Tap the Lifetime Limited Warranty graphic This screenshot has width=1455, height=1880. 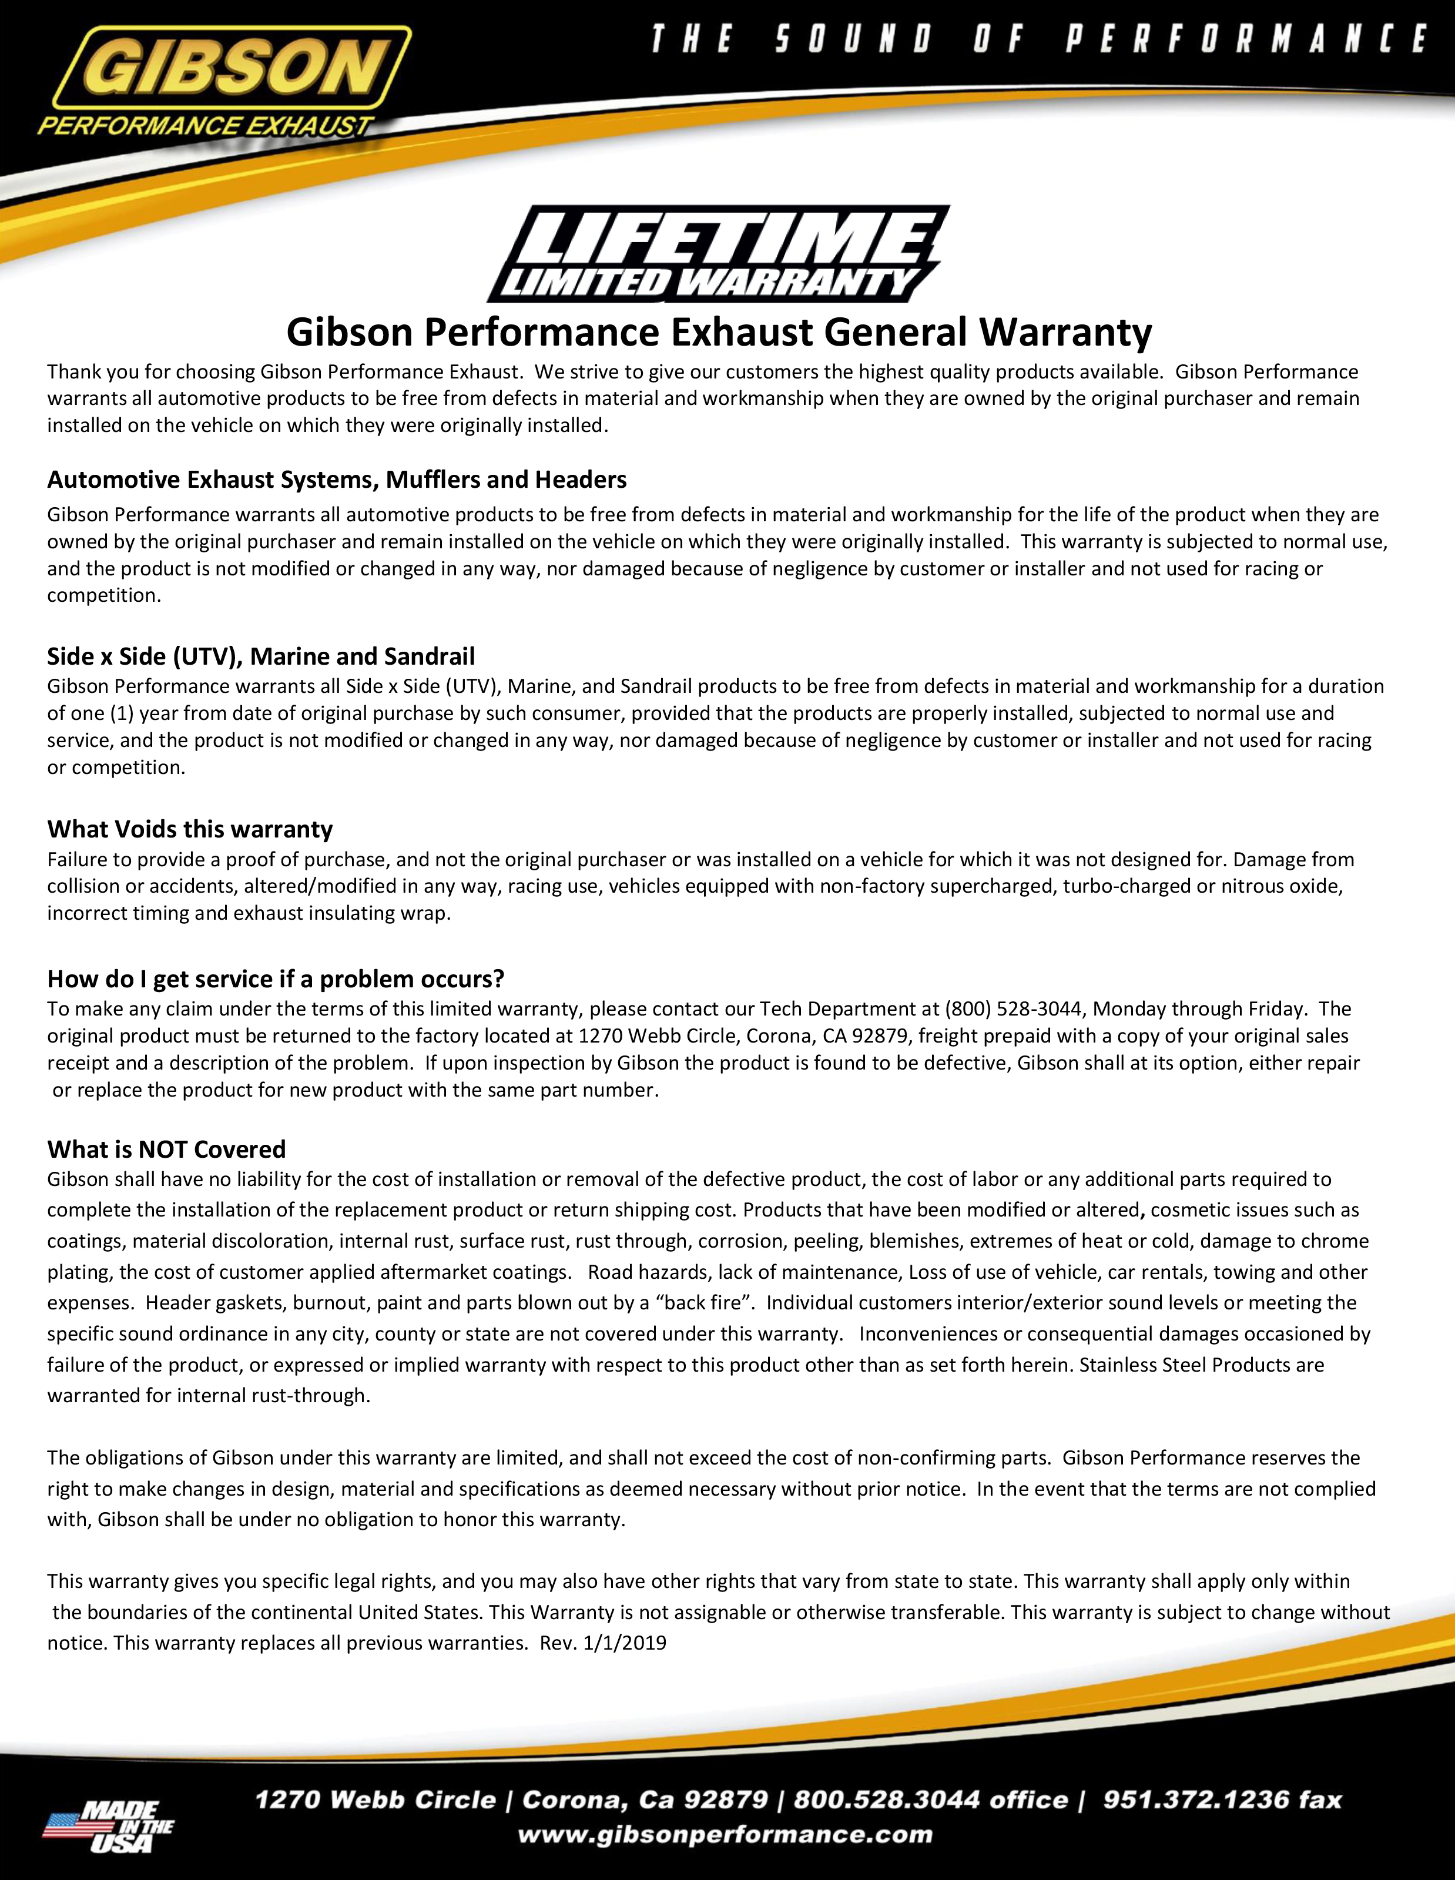718,254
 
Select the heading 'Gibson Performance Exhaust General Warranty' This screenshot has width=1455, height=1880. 719,332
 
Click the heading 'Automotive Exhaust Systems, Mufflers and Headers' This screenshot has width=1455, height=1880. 337,480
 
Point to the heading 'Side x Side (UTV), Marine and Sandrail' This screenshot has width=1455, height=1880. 261,657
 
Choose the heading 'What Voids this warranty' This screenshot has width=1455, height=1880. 189,829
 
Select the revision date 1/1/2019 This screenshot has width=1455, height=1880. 624,1643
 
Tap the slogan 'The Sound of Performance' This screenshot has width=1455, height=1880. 1037,39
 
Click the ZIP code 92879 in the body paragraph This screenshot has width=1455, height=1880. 877,1035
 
